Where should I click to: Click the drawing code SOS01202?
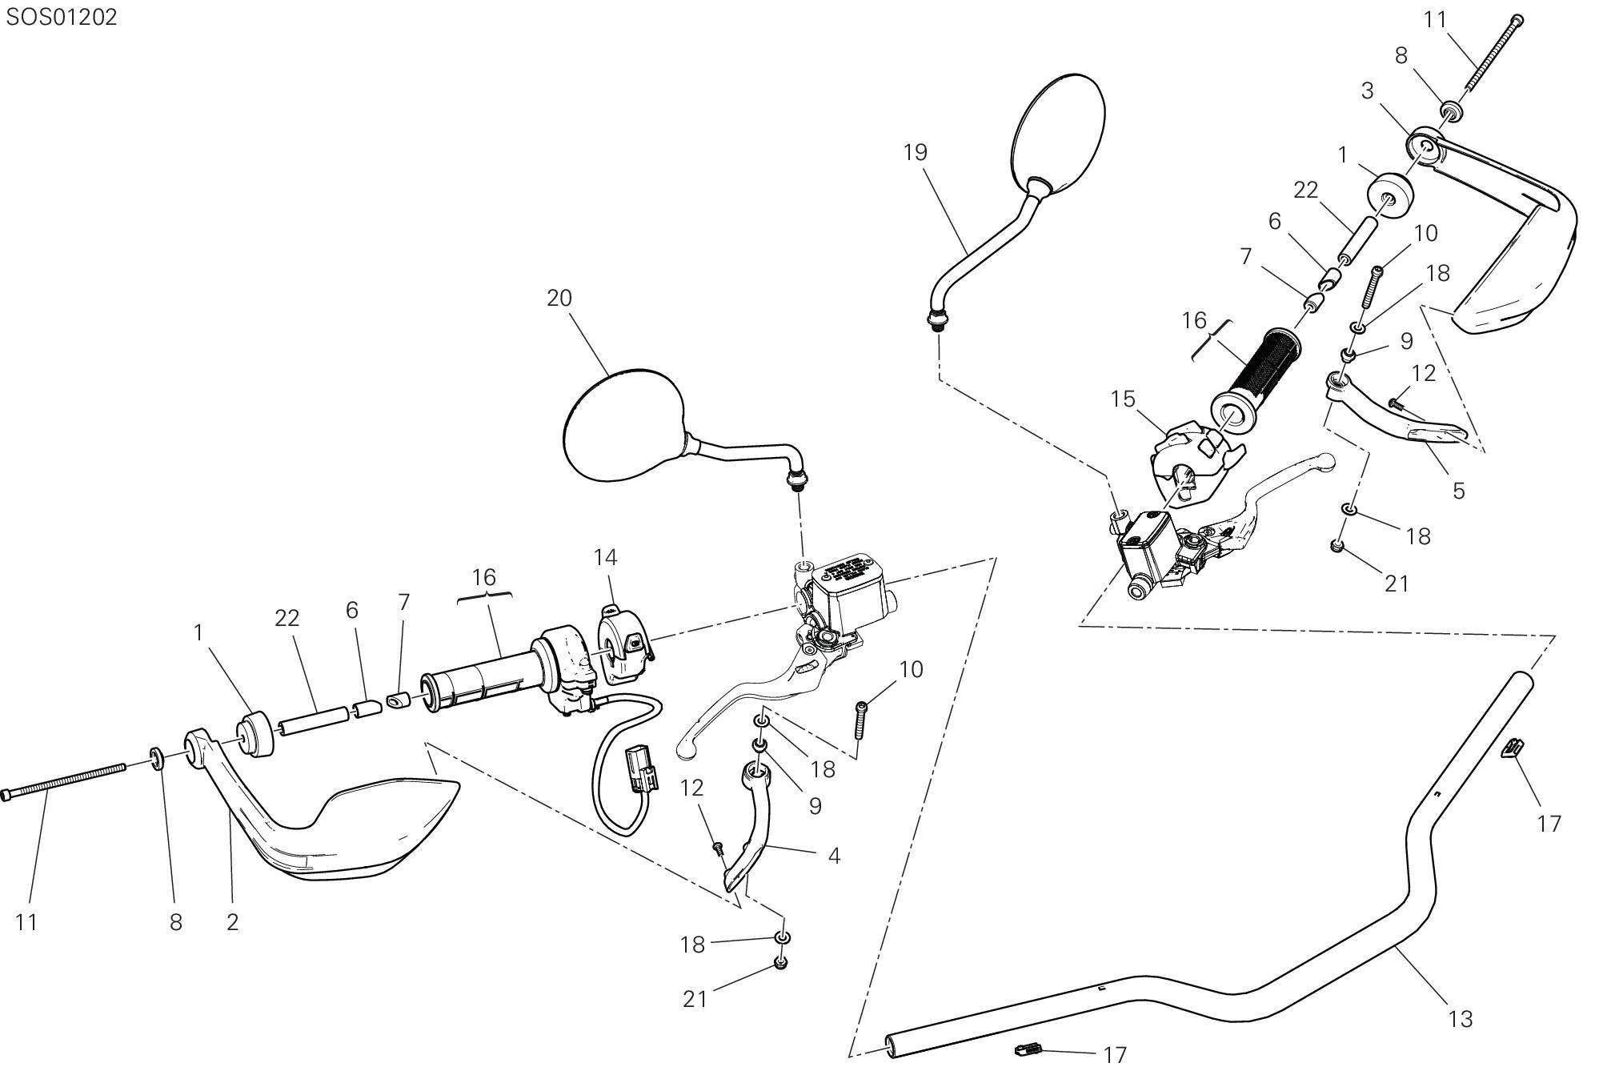point(62,18)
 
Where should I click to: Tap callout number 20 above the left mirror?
point(559,299)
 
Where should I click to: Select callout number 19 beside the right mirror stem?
point(915,152)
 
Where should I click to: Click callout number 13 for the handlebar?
point(1461,1019)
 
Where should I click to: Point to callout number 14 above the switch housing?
point(606,556)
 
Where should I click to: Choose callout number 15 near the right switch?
point(1123,399)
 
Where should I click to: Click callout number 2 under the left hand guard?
point(232,922)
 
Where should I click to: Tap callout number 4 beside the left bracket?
point(834,856)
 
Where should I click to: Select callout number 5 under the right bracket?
point(1458,491)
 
